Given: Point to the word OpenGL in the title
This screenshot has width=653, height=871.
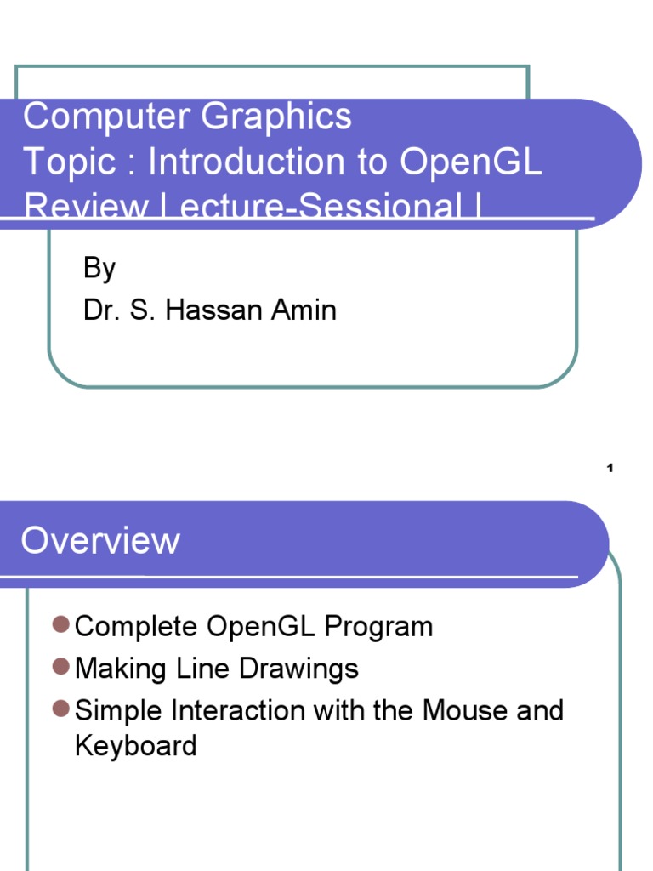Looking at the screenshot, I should pyautogui.click(x=470, y=162).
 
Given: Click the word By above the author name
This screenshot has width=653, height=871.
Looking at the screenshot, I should pyautogui.click(x=99, y=270).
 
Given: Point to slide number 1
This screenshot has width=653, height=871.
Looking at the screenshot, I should pyautogui.click(x=610, y=468).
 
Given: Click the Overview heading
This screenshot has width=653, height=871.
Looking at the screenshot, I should pyautogui.click(x=100, y=541).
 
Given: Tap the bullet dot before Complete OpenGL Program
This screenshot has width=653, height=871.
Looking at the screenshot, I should pyautogui.click(x=60, y=626).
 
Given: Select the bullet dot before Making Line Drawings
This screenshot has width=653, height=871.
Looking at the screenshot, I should pyautogui.click(x=60, y=668).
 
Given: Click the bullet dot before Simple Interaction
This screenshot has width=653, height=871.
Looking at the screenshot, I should pyautogui.click(x=60, y=709).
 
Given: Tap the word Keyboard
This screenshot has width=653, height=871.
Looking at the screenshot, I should pyautogui.click(x=136, y=746).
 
